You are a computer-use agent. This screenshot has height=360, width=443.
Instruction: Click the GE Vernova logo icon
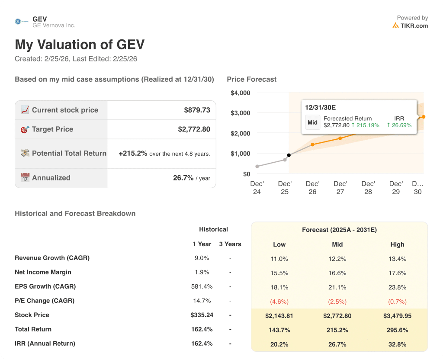pos(18,22)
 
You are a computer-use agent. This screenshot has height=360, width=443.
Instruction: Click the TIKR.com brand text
pos(414,26)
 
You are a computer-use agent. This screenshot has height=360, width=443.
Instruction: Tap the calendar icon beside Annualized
pos(25,178)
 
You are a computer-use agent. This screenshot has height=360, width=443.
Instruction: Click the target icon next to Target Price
pos(25,129)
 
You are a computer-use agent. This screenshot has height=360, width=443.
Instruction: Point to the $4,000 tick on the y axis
pos(241,93)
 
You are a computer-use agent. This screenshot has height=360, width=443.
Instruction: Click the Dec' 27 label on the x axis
pos(340,187)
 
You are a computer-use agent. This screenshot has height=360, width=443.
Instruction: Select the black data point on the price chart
pos(289,155)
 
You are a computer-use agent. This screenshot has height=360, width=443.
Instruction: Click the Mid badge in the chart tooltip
pos(312,122)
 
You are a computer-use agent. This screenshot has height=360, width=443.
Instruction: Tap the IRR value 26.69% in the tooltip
pos(399,125)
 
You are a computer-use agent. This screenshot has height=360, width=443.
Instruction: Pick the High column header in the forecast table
pos(397,244)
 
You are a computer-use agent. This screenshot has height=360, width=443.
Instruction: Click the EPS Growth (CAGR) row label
pos(45,286)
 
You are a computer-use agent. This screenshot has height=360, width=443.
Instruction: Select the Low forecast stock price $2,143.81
pos(279,316)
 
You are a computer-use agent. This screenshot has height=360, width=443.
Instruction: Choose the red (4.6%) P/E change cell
pos(279,301)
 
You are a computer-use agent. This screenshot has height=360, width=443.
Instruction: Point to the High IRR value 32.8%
pos(397,344)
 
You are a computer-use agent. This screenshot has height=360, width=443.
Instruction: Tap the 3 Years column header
pos(230,244)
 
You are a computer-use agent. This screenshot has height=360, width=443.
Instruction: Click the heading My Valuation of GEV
pos(80,45)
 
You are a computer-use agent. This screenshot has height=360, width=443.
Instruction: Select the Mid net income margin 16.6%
pos(337,273)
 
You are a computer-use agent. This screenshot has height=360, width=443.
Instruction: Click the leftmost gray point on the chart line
pos(257,166)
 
